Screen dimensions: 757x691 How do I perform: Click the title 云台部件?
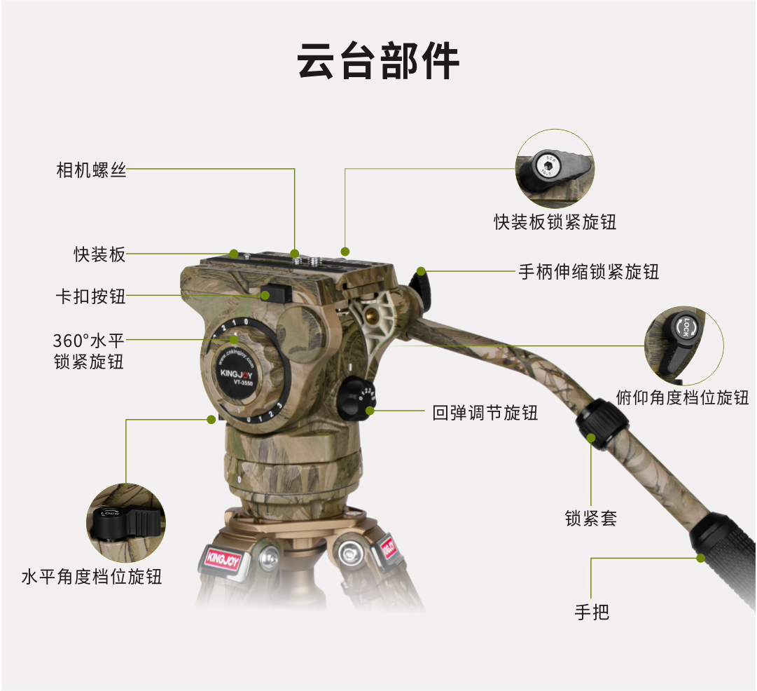click(378, 62)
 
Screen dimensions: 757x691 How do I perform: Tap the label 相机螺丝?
click(91, 170)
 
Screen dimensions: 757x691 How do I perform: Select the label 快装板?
click(99, 254)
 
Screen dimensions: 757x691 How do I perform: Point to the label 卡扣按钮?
click(91, 296)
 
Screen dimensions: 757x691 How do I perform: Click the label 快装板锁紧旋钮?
click(555, 222)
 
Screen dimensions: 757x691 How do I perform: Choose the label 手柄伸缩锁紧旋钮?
click(588, 272)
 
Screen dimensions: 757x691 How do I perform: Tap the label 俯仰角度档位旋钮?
click(682, 397)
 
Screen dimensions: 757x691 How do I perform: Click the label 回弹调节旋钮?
click(485, 413)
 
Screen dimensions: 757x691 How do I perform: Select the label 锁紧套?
click(591, 519)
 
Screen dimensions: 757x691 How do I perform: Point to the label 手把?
click(592, 613)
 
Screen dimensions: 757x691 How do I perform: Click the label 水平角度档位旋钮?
click(91, 577)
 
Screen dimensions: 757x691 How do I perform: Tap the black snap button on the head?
click(275, 292)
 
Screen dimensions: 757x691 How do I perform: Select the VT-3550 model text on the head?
click(243, 383)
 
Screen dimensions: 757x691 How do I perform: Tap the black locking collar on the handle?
click(602, 424)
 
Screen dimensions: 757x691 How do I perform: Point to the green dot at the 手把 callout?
click(701, 559)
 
